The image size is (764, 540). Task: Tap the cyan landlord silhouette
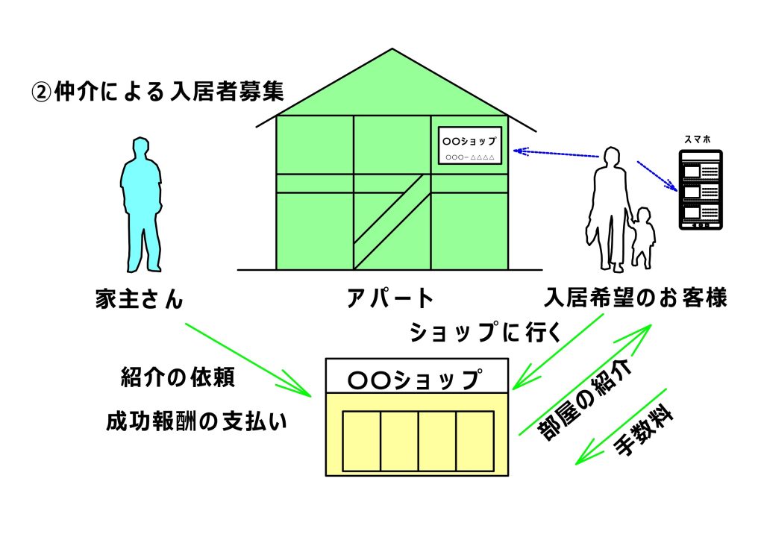140,201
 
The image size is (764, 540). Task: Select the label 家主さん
140,298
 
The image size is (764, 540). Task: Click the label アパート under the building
390,298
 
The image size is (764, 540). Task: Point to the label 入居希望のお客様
636,298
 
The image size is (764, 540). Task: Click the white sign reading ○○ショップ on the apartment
469,145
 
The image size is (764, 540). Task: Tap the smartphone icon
700,189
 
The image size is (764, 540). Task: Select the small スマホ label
698,139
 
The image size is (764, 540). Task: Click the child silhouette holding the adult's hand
642,237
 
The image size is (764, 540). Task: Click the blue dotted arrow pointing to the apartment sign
556,154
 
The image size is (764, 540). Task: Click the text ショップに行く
485,331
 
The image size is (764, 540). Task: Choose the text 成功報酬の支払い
196,422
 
